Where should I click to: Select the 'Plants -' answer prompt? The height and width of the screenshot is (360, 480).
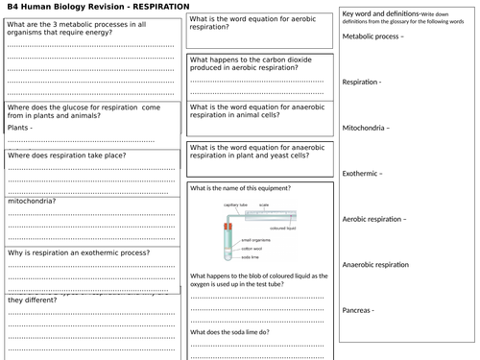(20, 127)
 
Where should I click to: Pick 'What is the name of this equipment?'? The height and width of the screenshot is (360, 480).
(240, 187)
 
